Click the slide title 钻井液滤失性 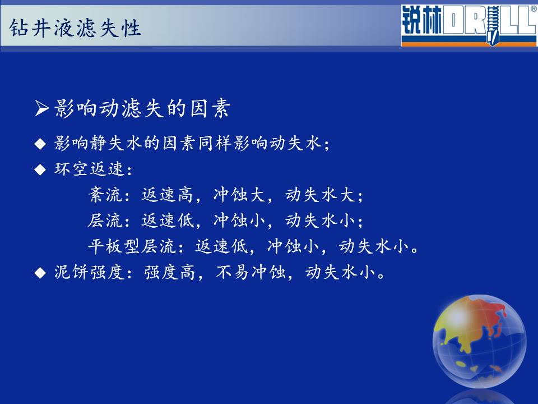click(x=75, y=28)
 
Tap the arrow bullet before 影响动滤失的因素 click(x=42, y=108)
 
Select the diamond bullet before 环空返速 click(x=40, y=169)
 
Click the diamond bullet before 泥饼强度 click(x=40, y=273)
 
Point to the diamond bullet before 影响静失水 click(x=40, y=144)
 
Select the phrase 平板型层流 click(x=132, y=246)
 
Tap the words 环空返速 click(x=89, y=169)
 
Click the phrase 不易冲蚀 click(x=251, y=273)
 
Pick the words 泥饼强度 click(x=89, y=273)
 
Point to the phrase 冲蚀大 click(x=239, y=195)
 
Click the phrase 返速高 click(x=168, y=195)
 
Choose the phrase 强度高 click(x=169, y=273)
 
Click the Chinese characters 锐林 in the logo click(x=421, y=21)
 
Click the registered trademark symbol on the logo click(x=534, y=10)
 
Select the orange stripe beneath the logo click(x=469, y=44)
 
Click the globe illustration click(x=479, y=342)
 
